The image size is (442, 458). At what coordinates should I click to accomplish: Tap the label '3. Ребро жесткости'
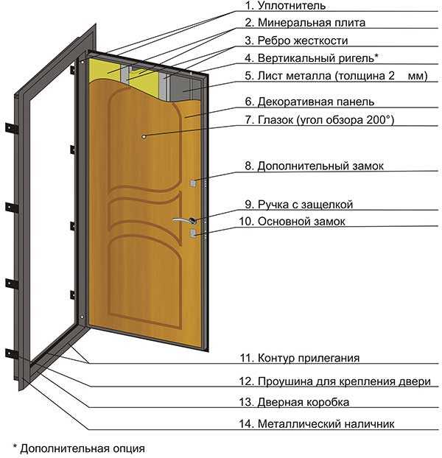[296, 40]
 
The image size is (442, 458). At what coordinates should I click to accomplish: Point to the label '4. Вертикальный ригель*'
[313, 57]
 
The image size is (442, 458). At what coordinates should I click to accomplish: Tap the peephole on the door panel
[144, 136]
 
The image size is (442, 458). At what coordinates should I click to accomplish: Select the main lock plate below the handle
[193, 233]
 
